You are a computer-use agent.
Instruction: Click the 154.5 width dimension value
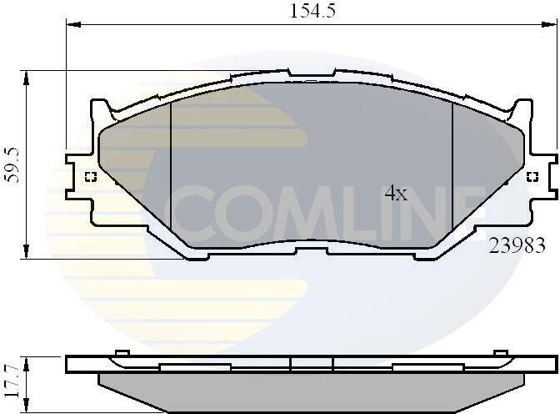pos(312,11)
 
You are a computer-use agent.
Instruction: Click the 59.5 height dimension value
pos(13,165)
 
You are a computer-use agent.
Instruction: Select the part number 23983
pos(517,245)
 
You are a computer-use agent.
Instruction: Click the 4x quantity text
pos(396,193)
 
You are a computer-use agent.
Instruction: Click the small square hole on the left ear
pos(91,177)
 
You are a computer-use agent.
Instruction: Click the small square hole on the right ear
pos(532,177)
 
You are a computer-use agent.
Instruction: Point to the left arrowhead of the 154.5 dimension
pos(74,24)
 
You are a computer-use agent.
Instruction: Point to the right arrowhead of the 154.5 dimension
pos(550,24)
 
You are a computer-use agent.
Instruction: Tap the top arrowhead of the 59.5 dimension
pos(26,78)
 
